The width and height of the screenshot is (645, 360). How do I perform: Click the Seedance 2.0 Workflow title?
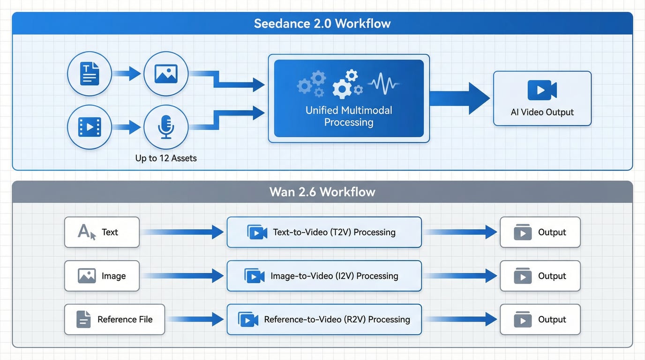click(322, 24)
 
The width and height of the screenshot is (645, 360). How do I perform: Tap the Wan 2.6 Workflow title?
click(322, 192)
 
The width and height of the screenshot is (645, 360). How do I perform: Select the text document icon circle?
click(90, 74)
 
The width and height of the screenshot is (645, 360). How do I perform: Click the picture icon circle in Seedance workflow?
click(166, 74)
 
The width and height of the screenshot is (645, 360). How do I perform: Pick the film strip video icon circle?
click(90, 127)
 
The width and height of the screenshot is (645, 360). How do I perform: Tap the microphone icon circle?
click(166, 127)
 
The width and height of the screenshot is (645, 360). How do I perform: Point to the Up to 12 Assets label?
click(166, 158)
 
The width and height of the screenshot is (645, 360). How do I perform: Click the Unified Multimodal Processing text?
click(349, 116)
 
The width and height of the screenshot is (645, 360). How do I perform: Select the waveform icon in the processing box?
click(383, 84)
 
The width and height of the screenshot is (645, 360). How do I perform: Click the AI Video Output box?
click(542, 98)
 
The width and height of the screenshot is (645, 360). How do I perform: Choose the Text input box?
click(102, 232)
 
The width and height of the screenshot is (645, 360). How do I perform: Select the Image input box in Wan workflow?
click(102, 276)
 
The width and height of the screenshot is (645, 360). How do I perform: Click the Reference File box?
click(114, 320)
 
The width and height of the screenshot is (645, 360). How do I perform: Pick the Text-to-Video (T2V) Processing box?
click(324, 232)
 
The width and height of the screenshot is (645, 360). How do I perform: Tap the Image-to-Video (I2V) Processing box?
click(324, 276)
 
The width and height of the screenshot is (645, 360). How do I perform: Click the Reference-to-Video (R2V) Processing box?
click(324, 320)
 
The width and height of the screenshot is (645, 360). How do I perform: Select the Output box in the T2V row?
click(540, 232)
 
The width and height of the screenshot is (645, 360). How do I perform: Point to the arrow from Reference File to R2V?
click(195, 320)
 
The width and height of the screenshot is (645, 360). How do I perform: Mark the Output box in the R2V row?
click(540, 320)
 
